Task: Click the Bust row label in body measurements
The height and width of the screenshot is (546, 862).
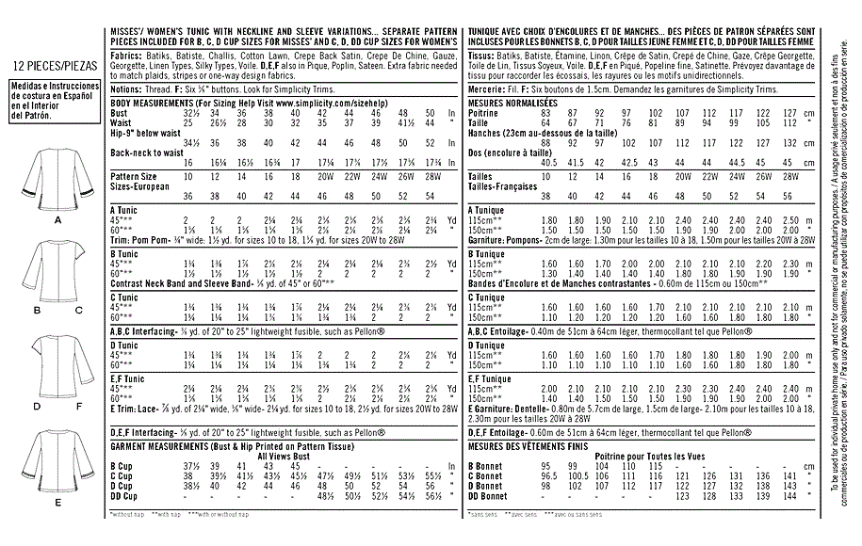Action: click(120, 112)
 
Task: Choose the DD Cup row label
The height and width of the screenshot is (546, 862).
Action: click(124, 495)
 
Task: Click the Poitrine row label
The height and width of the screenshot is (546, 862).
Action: click(482, 112)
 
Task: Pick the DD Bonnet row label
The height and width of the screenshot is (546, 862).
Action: click(489, 495)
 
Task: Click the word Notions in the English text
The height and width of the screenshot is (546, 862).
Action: click(128, 88)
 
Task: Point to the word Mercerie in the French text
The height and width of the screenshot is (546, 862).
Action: click(487, 88)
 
